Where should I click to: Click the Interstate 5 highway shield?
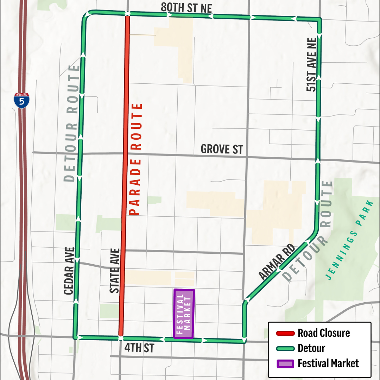point(21,101)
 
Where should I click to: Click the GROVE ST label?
point(222,149)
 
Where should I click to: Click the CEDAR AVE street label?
point(69,271)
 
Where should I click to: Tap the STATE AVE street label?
point(115,271)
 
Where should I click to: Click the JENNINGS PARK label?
point(350,240)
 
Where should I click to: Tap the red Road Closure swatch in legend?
point(285,333)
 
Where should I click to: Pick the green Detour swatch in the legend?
point(285,348)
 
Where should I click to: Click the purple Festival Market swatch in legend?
point(285,363)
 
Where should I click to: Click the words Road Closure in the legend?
point(324,333)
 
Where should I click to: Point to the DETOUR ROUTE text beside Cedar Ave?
point(72,123)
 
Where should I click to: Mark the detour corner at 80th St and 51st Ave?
point(319,19)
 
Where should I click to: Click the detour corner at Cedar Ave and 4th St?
point(75,337)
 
